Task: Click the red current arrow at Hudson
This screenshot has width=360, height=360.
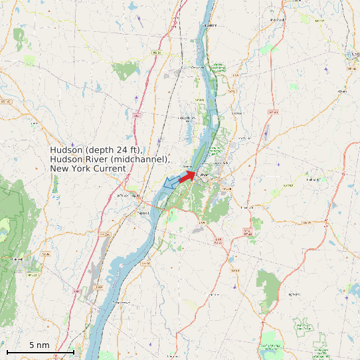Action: pyautogui.click(x=187, y=176)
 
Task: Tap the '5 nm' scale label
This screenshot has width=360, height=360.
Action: pyautogui.click(x=39, y=345)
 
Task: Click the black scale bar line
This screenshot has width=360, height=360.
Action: pyautogui.click(x=40, y=352)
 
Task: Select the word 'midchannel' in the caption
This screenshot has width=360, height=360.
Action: pyautogui.click(x=143, y=159)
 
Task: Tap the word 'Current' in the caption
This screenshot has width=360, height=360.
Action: pyautogui.click(x=110, y=169)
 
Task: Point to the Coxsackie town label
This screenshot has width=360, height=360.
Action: pyautogui.click(x=198, y=68)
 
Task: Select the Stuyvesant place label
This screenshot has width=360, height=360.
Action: pyautogui.click(x=210, y=25)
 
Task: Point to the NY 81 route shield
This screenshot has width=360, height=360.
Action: pyautogui.click(x=156, y=52)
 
